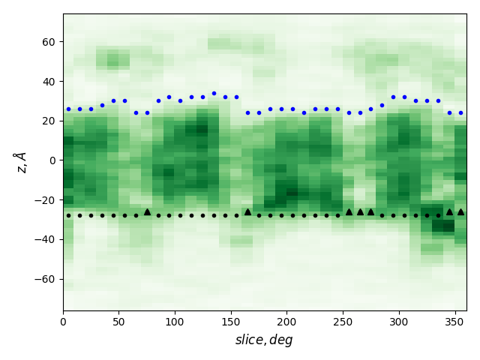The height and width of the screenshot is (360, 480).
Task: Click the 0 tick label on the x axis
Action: pyautogui.click(x=63, y=322)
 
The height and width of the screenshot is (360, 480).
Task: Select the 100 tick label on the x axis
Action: pyautogui.click(x=175, y=322)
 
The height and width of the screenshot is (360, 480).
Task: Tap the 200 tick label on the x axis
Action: pyautogui.click(x=286, y=322)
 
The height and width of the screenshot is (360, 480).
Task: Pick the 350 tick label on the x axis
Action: pyautogui.click(x=454, y=322)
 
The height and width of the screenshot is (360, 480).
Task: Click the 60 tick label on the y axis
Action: pyautogui.click(x=49, y=42)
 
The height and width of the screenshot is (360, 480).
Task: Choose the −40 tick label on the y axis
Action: pyautogui.click(x=46, y=239)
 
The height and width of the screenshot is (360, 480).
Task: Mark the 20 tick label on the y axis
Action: pyautogui.click(x=49, y=121)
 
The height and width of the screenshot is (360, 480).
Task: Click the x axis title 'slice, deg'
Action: pyautogui.click(x=264, y=340)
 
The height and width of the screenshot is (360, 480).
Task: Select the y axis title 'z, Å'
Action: pyautogui.click(x=20, y=161)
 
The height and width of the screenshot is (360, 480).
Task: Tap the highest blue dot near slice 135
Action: pyautogui.click(x=214, y=94)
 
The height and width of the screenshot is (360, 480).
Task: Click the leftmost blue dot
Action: pyautogui.click(x=68, y=109)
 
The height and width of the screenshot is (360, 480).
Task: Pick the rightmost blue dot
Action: pyautogui.click(x=460, y=112)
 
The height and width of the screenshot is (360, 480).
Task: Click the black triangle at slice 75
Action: pyautogui.click(x=147, y=212)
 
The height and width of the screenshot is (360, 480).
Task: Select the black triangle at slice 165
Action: pyautogui.click(x=247, y=212)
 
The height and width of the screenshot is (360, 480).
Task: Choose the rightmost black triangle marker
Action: pyautogui.click(x=460, y=212)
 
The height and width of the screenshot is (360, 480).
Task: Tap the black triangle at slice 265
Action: pyautogui.click(x=360, y=212)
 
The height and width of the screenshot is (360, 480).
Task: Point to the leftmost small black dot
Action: pyautogui.click(x=68, y=215)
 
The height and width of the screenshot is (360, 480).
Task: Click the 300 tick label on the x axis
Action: pyautogui.click(x=398, y=322)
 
